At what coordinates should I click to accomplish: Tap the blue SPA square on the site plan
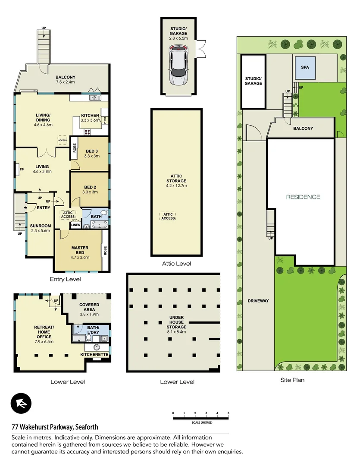[x=305, y=68]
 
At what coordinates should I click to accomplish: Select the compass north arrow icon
[x=22, y=404]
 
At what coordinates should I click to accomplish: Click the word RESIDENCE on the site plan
[x=304, y=197]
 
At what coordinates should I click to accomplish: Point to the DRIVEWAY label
[x=258, y=301]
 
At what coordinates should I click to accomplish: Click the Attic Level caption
[x=176, y=264]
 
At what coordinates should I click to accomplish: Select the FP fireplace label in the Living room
[x=21, y=170]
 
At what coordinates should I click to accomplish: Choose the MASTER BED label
[x=80, y=250]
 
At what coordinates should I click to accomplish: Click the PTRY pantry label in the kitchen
[x=105, y=121]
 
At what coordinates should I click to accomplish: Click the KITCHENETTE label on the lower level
[x=94, y=354]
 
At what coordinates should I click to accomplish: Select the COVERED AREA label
[x=89, y=307]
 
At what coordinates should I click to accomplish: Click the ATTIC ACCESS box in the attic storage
[x=168, y=216]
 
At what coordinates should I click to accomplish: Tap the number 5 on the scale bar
[x=228, y=413]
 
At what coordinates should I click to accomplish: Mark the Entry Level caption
[x=65, y=279]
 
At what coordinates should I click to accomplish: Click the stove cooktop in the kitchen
[x=87, y=132]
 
